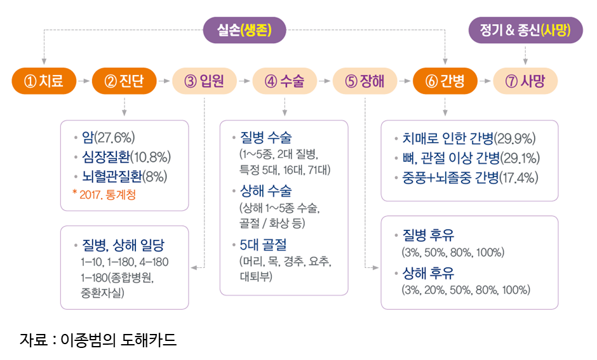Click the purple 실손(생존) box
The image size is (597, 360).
point(245,30)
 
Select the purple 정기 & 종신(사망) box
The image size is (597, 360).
point(525,30)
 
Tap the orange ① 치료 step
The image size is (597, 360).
point(44,81)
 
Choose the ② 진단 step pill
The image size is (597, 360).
point(124,81)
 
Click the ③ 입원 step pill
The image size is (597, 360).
point(204,81)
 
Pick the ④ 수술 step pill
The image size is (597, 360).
point(284,81)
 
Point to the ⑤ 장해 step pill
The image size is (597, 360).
point(365,81)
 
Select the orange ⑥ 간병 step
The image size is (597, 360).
point(445,81)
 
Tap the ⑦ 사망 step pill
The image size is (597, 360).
point(525,81)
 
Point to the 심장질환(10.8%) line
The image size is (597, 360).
point(126,157)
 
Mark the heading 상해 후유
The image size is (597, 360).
point(428,273)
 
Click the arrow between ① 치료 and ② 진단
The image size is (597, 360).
point(84,81)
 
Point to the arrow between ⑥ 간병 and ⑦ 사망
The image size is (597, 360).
point(485,81)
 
